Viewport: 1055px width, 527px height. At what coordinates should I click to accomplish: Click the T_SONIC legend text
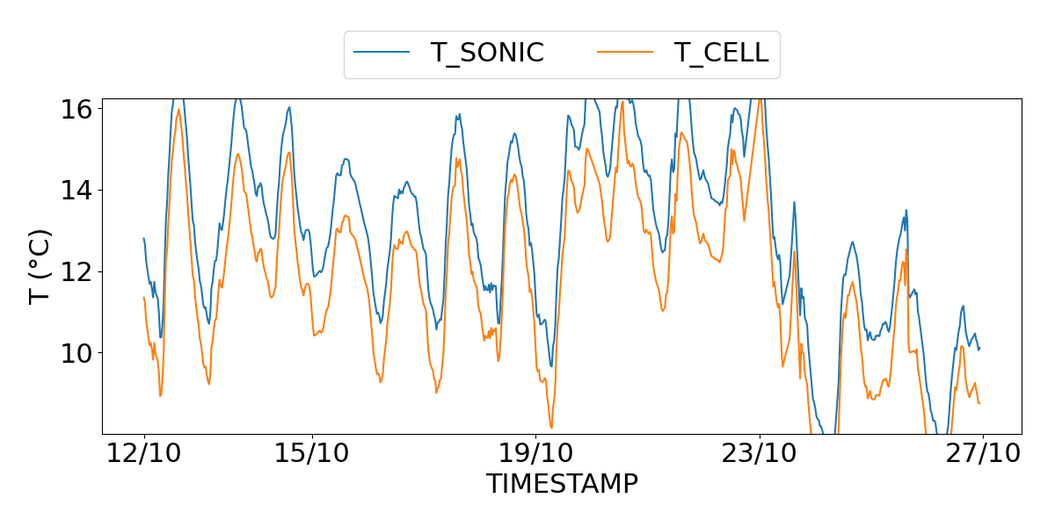[x=487, y=53]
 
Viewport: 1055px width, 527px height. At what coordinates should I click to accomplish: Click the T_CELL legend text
[x=721, y=53]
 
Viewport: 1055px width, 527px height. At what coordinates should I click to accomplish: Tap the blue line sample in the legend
[x=382, y=53]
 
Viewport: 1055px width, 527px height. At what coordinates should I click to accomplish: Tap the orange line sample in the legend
[x=625, y=53]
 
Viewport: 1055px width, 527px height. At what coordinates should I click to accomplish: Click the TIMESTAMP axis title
[x=562, y=484]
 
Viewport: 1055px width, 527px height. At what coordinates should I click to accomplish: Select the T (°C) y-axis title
[x=40, y=266]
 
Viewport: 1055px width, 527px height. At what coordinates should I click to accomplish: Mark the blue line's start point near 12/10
[x=143, y=238]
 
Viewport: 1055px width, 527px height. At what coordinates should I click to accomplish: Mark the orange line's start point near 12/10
[x=143, y=297]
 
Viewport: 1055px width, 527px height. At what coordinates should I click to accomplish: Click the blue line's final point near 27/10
[x=979, y=348]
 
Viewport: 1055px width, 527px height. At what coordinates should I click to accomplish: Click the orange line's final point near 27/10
[x=979, y=403]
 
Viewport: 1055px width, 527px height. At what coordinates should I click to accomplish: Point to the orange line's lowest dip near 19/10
[x=552, y=428]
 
